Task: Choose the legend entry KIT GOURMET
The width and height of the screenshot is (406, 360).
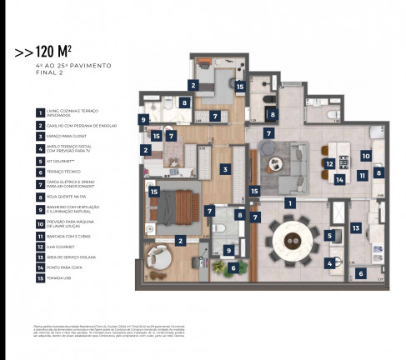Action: point(60,162)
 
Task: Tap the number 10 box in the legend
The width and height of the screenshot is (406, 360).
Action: point(39,223)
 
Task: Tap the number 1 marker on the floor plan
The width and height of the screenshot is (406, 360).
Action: point(290,202)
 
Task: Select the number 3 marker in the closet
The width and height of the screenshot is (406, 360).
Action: point(225,169)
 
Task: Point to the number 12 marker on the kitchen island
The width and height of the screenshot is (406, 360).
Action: point(330,164)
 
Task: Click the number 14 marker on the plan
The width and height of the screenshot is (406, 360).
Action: point(339,178)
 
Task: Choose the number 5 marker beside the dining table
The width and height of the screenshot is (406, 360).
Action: point(329,236)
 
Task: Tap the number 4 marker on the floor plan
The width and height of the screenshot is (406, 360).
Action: point(329,263)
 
